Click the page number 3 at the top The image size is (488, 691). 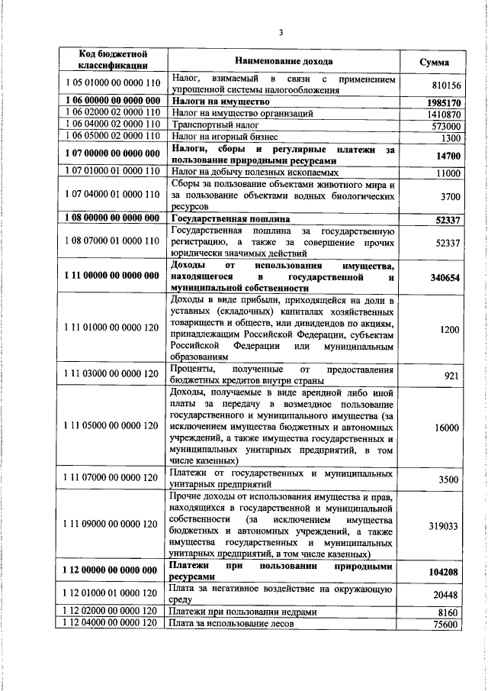(x=281, y=32)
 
